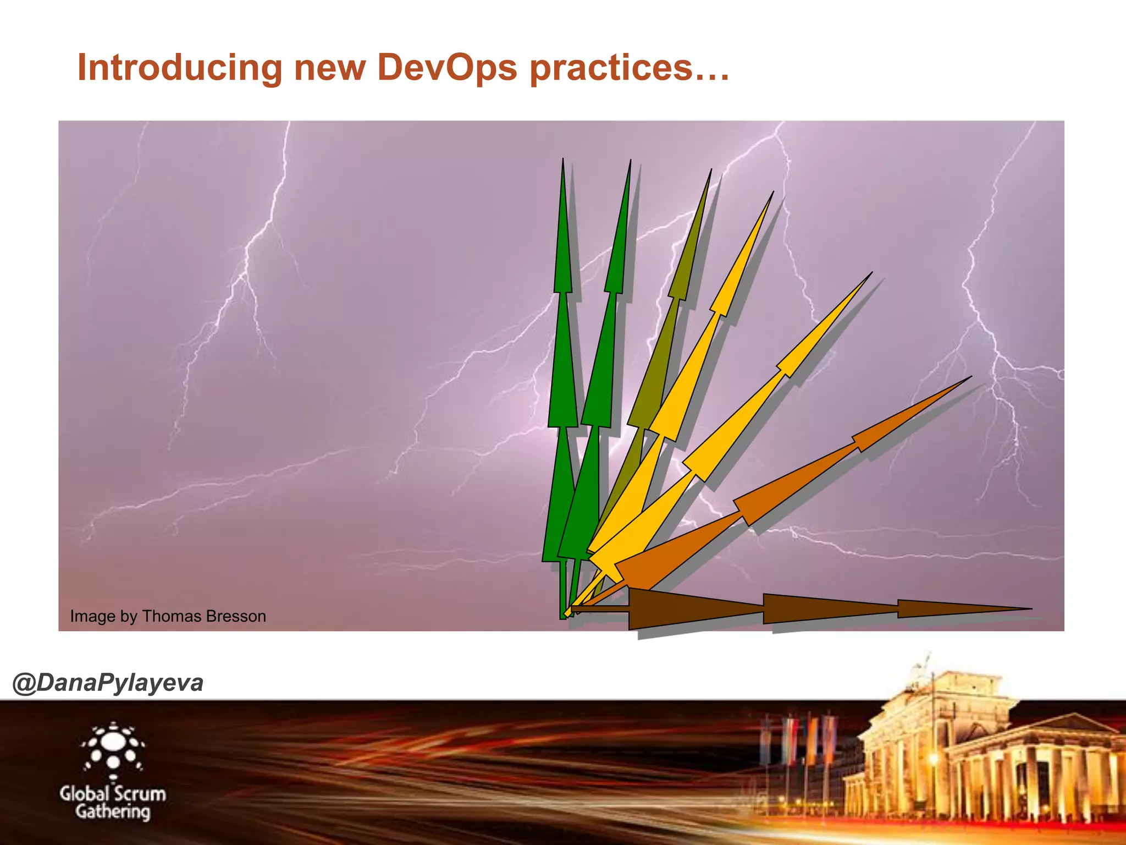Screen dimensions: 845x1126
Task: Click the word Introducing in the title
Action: [x=179, y=68]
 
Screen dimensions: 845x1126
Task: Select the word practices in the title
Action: [x=610, y=69]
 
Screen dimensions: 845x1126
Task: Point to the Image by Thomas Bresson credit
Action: [x=168, y=616]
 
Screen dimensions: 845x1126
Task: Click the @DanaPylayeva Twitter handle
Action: [x=108, y=683]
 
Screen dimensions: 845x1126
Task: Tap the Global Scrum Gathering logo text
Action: [x=113, y=802]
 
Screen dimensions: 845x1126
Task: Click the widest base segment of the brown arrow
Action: [x=693, y=608]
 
